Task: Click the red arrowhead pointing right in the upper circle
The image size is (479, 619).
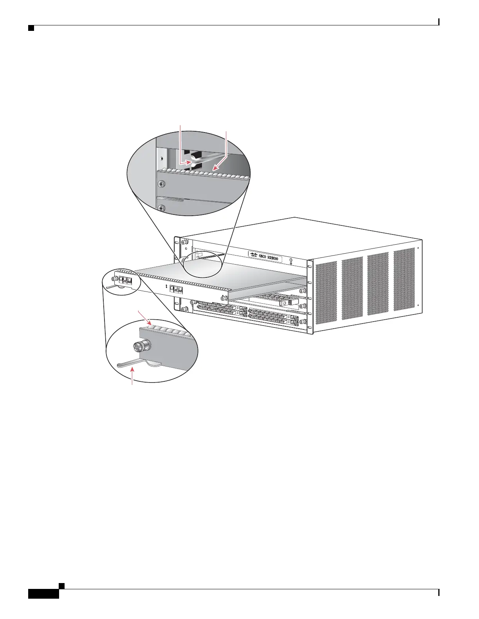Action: coord(187,161)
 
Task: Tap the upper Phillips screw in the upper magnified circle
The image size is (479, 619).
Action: coord(160,184)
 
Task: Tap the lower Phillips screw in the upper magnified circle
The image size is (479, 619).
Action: coord(160,209)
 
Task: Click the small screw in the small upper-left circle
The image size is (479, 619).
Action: coord(115,278)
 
